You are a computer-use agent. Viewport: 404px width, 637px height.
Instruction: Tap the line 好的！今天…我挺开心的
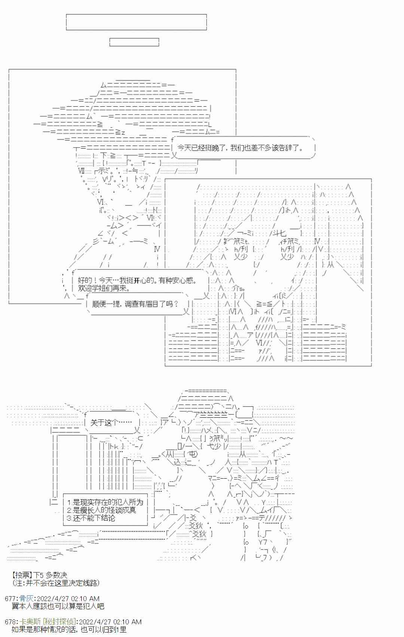(x=137, y=280)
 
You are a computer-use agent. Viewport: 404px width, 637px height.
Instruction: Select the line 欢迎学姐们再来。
(x=104, y=288)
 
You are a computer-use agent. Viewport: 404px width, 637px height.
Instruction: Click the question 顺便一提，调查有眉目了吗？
(x=135, y=304)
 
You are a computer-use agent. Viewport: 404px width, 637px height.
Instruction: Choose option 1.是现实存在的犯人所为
(x=105, y=502)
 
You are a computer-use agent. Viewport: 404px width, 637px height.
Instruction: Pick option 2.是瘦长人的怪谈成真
(x=101, y=510)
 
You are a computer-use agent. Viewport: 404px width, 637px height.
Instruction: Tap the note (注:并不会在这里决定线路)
(x=56, y=583)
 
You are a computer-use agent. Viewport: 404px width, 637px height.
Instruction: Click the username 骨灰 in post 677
(x=27, y=599)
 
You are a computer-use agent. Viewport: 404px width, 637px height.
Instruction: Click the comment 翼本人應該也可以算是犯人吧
(x=58, y=606)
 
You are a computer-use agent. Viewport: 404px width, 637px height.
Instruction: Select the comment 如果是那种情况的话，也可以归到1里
(x=69, y=630)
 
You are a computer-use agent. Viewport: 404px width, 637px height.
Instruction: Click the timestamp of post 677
(x=68, y=599)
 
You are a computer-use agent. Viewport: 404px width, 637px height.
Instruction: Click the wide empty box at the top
(x=137, y=22)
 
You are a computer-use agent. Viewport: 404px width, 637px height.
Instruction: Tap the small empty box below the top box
(x=134, y=42)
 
